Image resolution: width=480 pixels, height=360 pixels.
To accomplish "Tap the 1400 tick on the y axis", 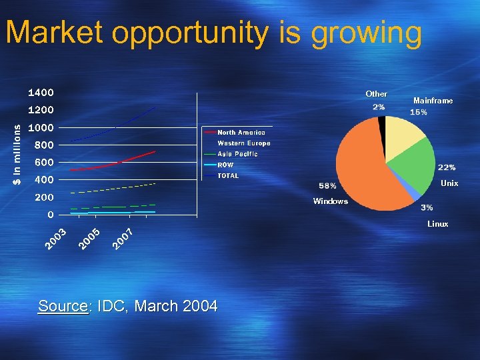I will coord(41,92).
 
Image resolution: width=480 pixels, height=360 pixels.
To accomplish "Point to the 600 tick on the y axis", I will coord(44,162).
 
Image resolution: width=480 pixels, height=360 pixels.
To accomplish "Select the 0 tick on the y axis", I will coord(51,215).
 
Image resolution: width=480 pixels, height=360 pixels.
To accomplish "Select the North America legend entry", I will coord(241,133).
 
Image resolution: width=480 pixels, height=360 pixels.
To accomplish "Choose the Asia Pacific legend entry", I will coord(237,154).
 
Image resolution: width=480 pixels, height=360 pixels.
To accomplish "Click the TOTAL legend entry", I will coord(228,176).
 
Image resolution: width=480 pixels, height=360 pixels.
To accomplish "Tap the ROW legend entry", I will coord(225,165).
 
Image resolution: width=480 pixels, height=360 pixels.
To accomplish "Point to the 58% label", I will coord(328,185).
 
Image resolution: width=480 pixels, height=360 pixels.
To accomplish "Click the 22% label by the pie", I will coord(446,167).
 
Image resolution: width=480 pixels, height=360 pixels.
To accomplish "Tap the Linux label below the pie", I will coord(437,224).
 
